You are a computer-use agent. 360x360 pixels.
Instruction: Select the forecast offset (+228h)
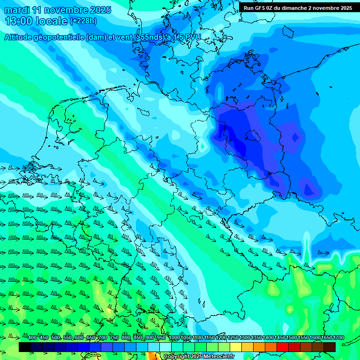[83, 21]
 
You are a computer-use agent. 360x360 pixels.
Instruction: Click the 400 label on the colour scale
[32, 338]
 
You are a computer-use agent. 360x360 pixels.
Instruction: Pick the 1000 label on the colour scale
[174, 338]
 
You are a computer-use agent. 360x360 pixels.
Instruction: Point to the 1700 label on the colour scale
[338, 338]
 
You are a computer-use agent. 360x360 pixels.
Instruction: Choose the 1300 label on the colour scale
[245, 338]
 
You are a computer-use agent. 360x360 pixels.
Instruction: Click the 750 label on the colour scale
[114, 338]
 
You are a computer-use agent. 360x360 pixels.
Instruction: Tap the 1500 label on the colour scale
[292, 338]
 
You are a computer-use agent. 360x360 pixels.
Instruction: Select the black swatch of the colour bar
[25, 347]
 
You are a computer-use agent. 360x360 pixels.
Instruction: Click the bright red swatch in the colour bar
[283, 347]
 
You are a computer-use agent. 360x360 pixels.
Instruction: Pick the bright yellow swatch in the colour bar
[236, 347]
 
